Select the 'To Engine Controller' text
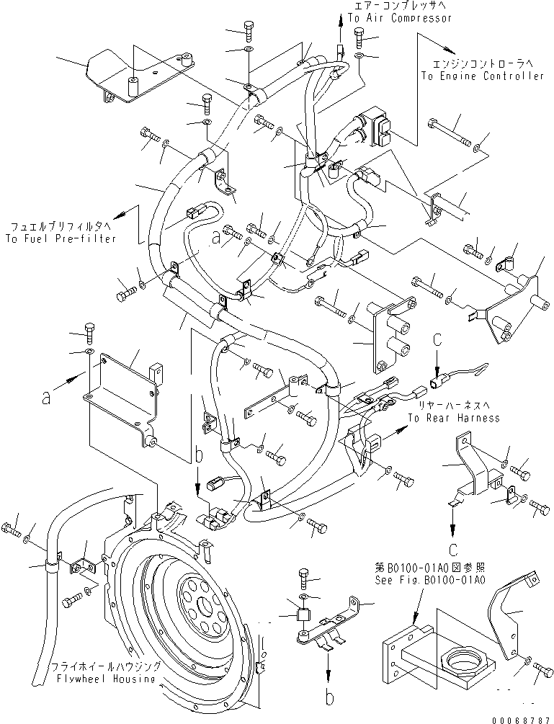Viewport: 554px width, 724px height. tap(483, 76)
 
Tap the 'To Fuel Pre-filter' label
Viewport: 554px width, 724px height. tap(59, 238)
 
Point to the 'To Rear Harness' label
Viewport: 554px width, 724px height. tap(454, 418)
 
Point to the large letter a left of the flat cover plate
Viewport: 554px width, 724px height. tap(46, 396)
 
